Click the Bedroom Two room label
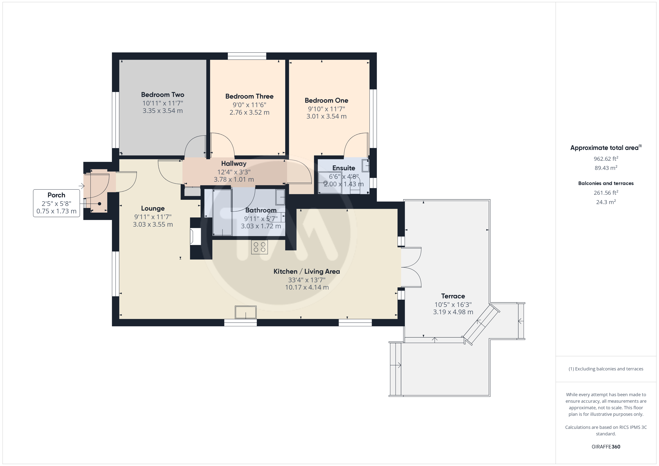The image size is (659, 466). tap(163, 95)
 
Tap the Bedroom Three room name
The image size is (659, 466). tap(249, 96)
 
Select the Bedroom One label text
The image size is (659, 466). tap(326, 100)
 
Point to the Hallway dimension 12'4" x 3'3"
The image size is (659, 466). tap(234, 172)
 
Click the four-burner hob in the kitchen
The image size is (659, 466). tap(259, 247)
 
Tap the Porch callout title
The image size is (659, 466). tap(56, 195)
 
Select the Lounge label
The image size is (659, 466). tap(153, 209)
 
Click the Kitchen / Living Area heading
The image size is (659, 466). tap(307, 271)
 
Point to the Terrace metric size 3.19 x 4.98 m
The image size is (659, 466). tap(453, 312)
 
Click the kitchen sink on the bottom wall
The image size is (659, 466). tap(246, 312)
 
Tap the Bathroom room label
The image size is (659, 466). tap(261, 210)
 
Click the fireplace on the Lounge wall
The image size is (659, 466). tap(195, 236)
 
